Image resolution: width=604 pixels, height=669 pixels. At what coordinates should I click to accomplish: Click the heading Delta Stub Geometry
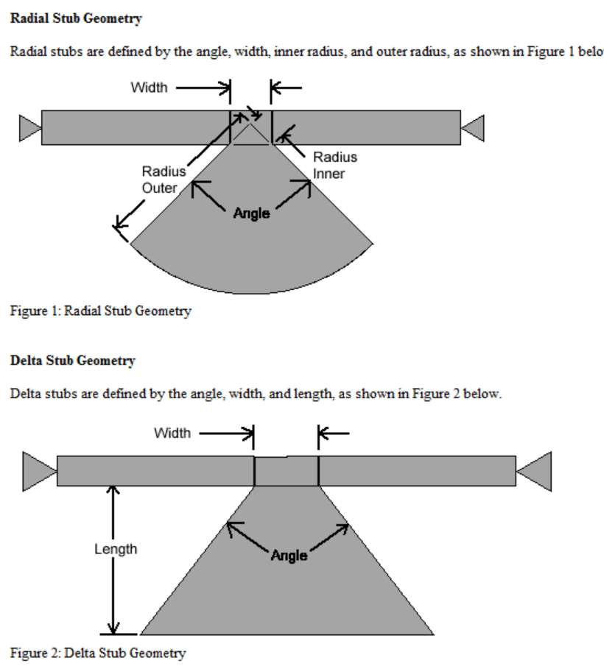(72, 361)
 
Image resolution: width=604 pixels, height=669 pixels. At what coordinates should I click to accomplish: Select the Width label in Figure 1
(149, 88)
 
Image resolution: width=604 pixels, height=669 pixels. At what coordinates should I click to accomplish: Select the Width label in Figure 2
(172, 433)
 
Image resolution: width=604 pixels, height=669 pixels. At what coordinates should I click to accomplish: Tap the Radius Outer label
(160, 180)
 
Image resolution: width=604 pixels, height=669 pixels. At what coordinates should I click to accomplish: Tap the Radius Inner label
(334, 165)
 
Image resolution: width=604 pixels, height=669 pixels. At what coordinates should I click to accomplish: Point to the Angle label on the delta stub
(289, 556)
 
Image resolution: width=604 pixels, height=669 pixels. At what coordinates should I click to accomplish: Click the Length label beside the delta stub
(116, 549)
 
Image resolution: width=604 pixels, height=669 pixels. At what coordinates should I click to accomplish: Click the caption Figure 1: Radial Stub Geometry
(100, 311)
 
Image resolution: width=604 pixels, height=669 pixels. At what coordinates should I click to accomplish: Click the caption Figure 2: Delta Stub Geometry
(97, 653)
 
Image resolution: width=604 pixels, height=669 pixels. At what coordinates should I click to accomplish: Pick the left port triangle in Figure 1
(30, 127)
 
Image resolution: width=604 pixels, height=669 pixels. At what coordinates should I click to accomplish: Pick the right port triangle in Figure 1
(473, 127)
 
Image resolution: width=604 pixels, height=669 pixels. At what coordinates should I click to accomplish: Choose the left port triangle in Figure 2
(39, 471)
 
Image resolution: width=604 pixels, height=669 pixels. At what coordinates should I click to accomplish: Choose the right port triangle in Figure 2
(535, 471)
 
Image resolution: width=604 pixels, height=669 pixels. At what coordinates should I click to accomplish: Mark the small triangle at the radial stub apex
(251, 135)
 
